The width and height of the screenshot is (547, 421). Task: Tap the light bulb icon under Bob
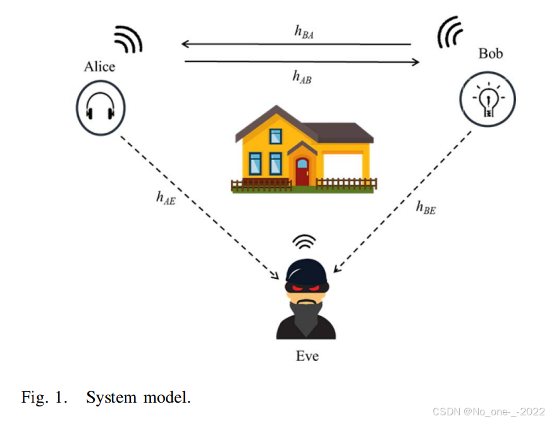pos(487,100)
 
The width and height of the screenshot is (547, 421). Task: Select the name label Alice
pos(100,66)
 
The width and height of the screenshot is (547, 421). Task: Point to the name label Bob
pos(490,53)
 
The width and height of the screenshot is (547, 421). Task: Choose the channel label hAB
pos(302,76)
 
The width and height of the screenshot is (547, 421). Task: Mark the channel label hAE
pos(166,197)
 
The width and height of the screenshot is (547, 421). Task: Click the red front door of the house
pos(302,171)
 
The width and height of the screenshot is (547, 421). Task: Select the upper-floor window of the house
pos(276,136)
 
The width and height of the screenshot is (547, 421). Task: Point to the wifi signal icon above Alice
pos(129,40)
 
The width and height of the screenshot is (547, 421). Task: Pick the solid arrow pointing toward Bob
pos(302,62)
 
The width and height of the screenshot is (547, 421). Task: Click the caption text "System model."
pos(138,398)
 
